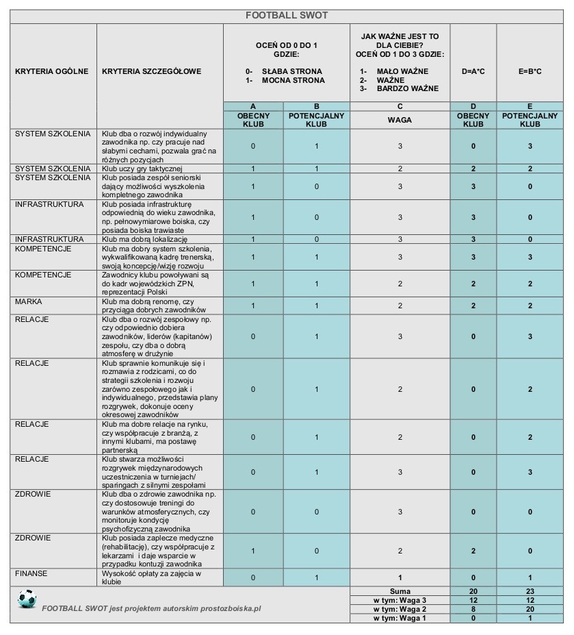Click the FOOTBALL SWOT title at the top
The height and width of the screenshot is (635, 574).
click(287, 15)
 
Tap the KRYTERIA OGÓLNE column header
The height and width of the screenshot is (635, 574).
click(51, 71)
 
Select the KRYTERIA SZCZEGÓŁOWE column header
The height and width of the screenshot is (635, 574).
click(151, 71)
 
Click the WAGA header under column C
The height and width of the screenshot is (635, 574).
click(400, 120)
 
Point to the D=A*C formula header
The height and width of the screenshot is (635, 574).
click(473, 71)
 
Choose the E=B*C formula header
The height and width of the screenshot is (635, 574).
click(530, 71)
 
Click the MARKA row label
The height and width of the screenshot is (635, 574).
click(29, 301)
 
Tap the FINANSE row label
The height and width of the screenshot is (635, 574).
click(31, 573)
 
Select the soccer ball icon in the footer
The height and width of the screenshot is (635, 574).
click(27, 599)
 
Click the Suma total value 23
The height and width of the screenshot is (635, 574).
click(530, 590)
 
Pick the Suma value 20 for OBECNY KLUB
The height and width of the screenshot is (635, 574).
click(473, 590)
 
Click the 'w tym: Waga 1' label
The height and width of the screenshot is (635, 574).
click(400, 618)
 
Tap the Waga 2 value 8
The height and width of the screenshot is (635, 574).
click(473, 609)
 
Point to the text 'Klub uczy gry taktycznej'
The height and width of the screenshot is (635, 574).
click(142, 169)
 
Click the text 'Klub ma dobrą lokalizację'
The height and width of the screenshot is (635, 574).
click(144, 239)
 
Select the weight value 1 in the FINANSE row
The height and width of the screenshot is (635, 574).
click(400, 577)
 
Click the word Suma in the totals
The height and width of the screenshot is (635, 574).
click(400, 590)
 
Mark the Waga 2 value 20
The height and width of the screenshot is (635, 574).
click(530, 609)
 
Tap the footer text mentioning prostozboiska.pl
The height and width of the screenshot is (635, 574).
click(151, 608)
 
